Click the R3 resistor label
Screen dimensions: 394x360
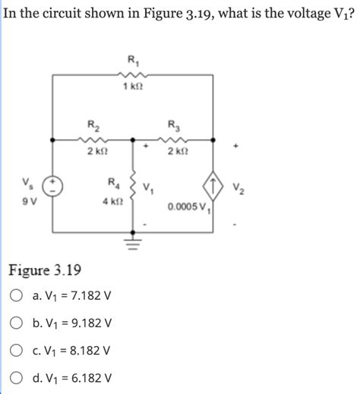[x=173, y=125]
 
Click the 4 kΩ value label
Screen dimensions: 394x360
[x=112, y=201]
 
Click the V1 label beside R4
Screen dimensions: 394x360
[x=152, y=186]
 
